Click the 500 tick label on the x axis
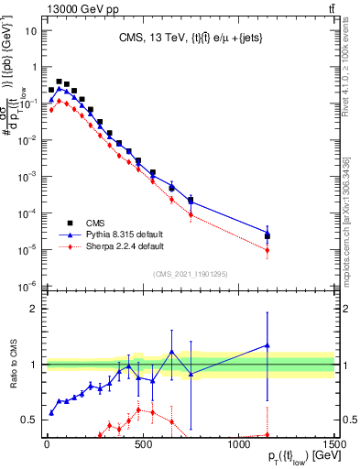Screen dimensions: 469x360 (143, 443)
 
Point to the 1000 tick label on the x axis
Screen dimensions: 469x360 (239, 443)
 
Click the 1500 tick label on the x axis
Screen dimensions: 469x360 (333, 443)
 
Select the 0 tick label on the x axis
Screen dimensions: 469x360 (47, 443)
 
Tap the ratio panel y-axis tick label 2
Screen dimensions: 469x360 (36, 309)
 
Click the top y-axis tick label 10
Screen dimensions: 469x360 (30, 29)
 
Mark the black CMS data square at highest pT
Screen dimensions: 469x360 (267, 235)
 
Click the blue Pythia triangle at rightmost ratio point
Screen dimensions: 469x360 (267, 345)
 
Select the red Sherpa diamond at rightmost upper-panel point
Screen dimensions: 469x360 (267, 250)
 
